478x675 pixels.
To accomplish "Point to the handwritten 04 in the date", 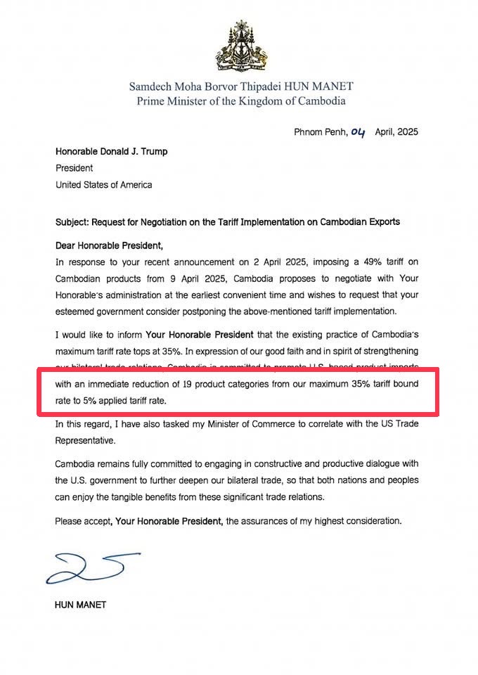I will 359,131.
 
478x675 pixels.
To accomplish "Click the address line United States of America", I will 103,185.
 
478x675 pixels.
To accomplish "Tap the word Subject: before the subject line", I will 74,221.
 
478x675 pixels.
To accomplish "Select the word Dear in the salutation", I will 66,245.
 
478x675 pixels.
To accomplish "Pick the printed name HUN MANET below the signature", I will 80,604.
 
